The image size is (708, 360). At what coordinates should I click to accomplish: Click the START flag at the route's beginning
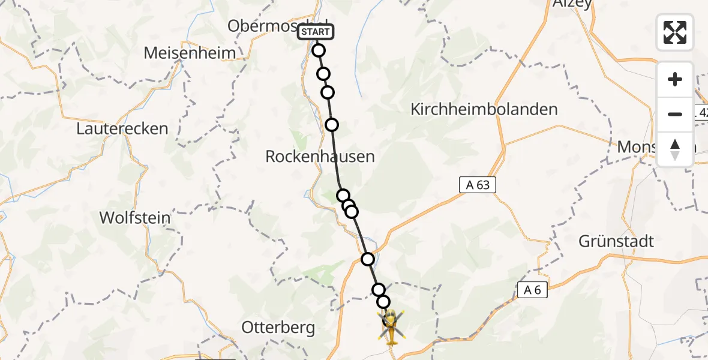315,32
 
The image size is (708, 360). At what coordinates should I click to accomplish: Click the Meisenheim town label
190,53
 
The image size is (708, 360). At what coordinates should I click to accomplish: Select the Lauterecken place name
122,128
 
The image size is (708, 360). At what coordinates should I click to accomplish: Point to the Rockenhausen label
320,157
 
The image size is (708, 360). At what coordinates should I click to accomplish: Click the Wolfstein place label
134,217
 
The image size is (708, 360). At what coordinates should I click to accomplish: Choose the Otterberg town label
278,327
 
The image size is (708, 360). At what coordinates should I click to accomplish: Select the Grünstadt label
616,241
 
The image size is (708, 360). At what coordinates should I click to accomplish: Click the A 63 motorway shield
478,185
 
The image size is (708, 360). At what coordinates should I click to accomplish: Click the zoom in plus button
675,80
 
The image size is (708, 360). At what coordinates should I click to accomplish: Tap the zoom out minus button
675,114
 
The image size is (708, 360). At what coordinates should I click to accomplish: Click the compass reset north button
675,149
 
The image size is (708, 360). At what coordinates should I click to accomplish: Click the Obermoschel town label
264,26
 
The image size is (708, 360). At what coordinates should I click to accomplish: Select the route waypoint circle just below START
319,50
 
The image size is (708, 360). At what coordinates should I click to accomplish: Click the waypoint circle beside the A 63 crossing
368,259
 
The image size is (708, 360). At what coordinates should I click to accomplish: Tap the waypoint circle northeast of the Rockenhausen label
332,125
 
